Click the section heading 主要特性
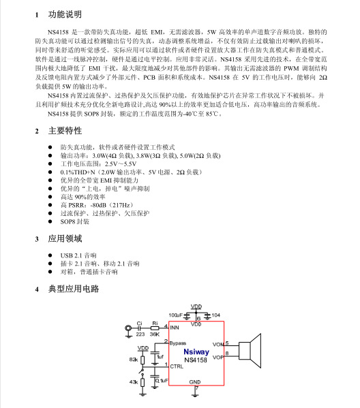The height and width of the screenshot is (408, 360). [x=64, y=131]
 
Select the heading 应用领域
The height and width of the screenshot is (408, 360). [x=64, y=239]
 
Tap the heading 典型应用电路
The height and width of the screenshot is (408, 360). [x=74, y=289]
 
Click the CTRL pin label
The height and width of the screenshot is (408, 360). [x=177, y=367]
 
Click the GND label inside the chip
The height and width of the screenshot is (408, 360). [x=195, y=381]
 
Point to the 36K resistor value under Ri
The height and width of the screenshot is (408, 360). [x=155, y=334]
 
